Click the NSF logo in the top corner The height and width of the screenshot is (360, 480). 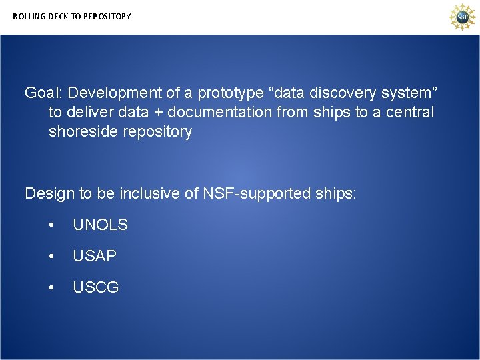pyautogui.click(x=461, y=17)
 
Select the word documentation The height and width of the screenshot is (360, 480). pyautogui.click(x=219, y=112)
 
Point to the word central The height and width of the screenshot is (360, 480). pyautogui.click(x=409, y=112)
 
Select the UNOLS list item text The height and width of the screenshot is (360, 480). pyautogui.click(x=100, y=225)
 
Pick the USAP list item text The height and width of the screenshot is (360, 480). pyautogui.click(x=95, y=256)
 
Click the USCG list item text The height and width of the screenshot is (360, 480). pyautogui.click(x=96, y=288)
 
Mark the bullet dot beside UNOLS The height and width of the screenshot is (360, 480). pyautogui.click(x=51, y=225)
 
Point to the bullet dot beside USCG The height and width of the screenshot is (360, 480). pyautogui.click(x=51, y=288)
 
